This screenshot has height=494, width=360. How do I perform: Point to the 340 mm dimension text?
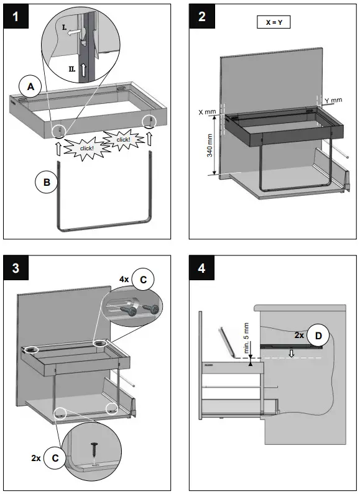(210, 144)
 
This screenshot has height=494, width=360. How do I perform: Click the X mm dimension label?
(207, 112)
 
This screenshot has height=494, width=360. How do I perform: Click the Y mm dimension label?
(333, 99)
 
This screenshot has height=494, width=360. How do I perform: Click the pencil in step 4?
(224, 342)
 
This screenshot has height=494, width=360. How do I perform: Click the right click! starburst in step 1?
(123, 139)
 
